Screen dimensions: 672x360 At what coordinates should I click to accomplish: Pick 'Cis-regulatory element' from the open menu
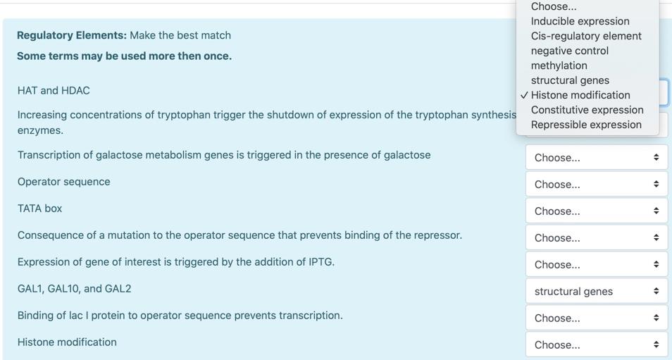point(586,36)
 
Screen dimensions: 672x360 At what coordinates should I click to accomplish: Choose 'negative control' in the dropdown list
point(570,51)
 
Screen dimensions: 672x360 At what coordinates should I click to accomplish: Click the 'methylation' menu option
point(559,66)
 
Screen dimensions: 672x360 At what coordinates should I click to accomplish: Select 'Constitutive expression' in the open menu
point(587,110)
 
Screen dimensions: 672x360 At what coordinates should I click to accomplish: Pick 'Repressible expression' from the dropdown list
point(586,125)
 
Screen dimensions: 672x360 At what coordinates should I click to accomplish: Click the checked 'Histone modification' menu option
point(580,95)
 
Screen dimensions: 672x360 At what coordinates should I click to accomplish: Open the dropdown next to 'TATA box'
point(597,211)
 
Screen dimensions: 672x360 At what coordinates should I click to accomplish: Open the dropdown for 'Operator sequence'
point(597,185)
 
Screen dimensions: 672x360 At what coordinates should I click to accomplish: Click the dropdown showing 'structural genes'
point(597,292)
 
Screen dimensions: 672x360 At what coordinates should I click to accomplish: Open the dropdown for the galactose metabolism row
point(597,158)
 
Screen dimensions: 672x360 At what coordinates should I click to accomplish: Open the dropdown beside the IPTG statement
point(597,264)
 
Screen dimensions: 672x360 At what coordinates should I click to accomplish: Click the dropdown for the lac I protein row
point(597,318)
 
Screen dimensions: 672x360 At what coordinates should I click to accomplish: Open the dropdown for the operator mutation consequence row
point(597,238)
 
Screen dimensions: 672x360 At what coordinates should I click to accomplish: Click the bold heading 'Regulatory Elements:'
point(72,35)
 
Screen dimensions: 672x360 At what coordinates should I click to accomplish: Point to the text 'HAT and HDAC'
point(54,91)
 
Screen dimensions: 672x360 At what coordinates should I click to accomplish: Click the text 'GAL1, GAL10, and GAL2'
point(74,289)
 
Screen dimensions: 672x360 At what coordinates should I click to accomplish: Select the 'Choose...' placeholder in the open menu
point(554,6)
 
